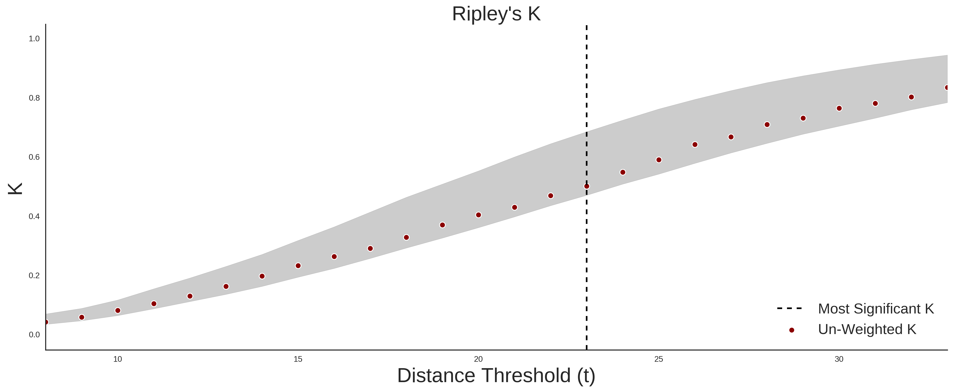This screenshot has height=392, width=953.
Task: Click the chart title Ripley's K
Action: [x=496, y=14]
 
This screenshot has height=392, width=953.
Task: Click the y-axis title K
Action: [x=15, y=189]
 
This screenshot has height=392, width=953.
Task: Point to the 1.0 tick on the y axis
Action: [x=34, y=39]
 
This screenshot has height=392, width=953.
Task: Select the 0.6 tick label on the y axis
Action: [x=34, y=157]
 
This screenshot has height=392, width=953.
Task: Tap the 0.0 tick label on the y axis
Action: [x=34, y=335]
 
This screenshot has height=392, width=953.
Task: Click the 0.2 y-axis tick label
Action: [x=34, y=275]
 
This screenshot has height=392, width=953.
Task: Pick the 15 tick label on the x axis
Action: [x=298, y=359]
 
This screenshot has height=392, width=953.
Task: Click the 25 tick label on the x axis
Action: [x=659, y=359]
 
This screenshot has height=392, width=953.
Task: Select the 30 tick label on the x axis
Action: [x=839, y=359]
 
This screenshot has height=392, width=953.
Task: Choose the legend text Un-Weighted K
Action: [x=867, y=329]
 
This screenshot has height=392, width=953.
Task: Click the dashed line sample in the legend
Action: [x=790, y=308]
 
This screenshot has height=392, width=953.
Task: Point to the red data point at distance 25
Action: [x=659, y=160]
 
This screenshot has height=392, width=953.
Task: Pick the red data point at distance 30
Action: [x=839, y=108]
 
